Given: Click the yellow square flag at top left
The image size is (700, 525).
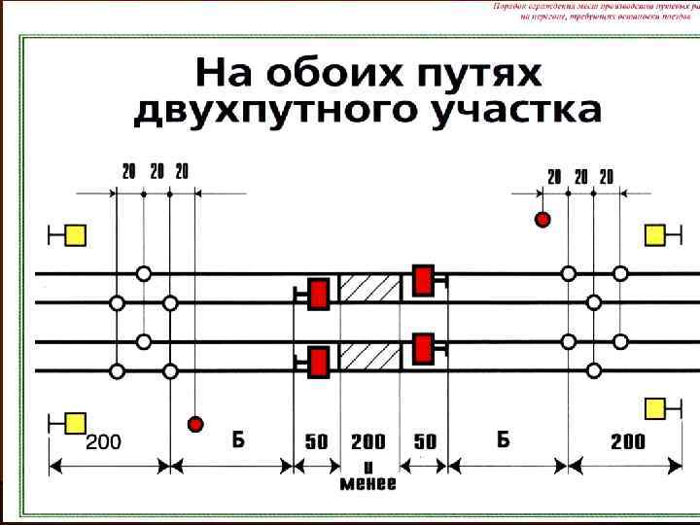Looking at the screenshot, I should click(x=75, y=235).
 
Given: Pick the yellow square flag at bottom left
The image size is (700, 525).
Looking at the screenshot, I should click(x=75, y=423).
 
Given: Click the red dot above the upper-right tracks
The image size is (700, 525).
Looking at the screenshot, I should click(x=542, y=220).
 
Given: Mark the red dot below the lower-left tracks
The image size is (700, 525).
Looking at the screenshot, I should click(x=195, y=423).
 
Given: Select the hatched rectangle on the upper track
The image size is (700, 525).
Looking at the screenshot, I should click(x=369, y=289).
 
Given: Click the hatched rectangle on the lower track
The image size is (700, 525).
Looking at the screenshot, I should click(x=369, y=358).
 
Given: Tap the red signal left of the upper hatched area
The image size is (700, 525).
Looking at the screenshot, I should click(x=318, y=294).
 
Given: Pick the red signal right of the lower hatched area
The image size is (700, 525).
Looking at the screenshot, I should click(x=423, y=348).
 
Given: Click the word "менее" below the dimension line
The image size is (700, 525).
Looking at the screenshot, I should click(x=367, y=483).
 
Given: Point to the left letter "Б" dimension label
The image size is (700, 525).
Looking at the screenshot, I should click(x=238, y=439).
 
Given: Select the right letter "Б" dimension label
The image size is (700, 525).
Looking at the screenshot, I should click(x=503, y=439).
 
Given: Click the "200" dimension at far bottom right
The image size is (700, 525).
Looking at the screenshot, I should click(x=627, y=441).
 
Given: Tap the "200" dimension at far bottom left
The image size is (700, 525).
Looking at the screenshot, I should click(x=104, y=442).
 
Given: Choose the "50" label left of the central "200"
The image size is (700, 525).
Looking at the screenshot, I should click(x=317, y=441).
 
